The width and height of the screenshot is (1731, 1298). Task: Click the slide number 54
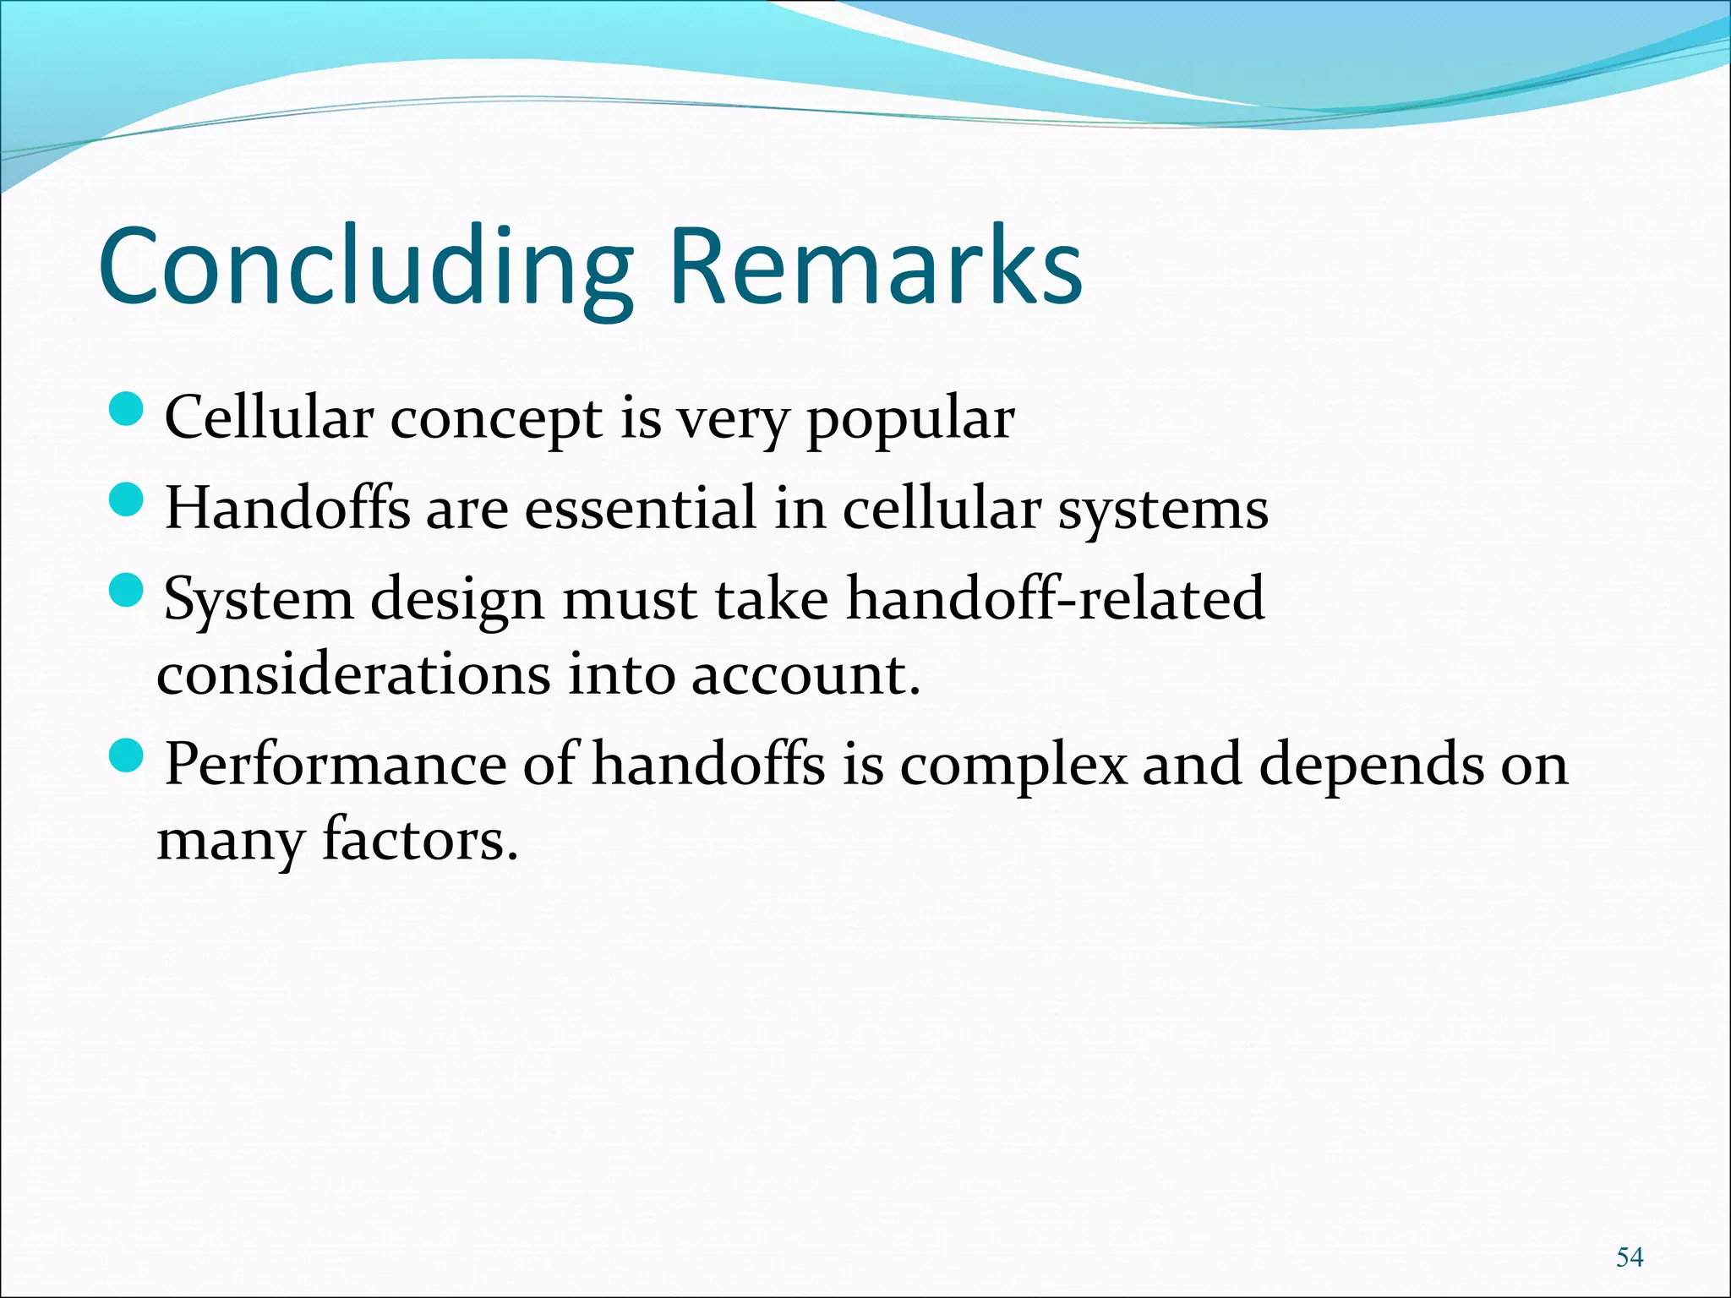coord(1629,1257)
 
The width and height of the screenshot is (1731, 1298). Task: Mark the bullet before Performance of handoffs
coord(128,755)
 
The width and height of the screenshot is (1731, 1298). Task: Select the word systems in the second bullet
coord(1163,510)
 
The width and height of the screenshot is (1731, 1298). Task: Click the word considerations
coord(353,675)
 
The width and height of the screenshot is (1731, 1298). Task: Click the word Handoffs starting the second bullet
coord(287,509)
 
